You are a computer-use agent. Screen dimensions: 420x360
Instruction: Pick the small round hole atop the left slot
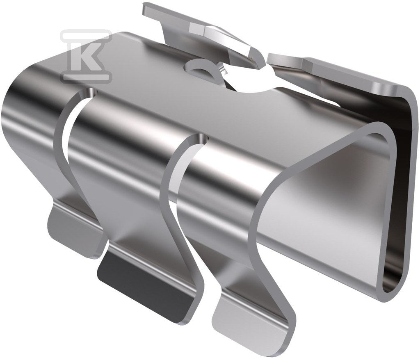[x=92, y=93]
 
